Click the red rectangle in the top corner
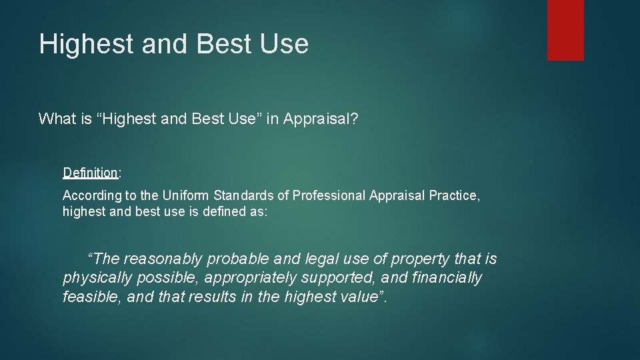(565, 30)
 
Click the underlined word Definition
(90, 173)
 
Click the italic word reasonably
(165, 259)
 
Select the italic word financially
(445, 277)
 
